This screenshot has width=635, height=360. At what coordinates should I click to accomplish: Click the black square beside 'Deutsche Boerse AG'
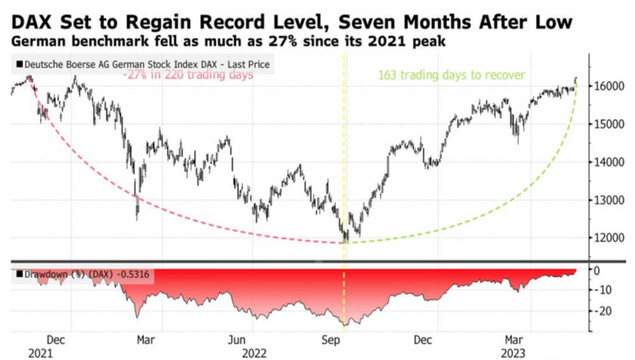pos(18,65)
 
